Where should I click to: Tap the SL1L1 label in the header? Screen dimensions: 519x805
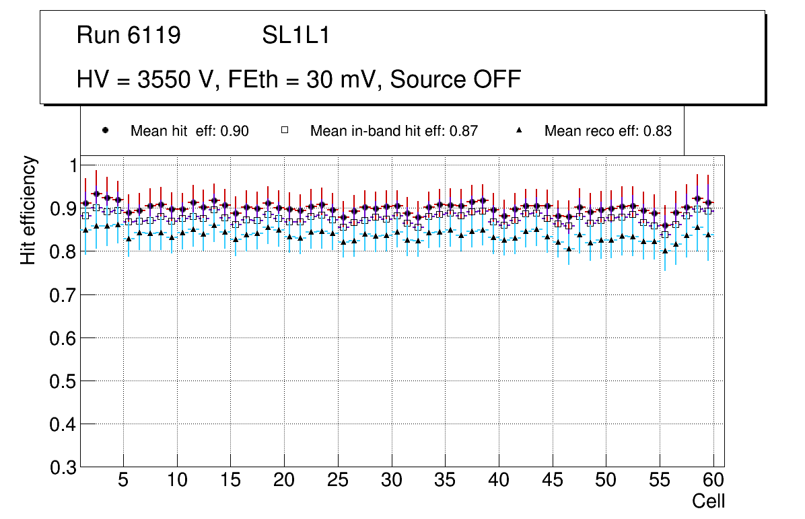tap(296, 36)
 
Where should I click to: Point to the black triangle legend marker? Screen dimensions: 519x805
tap(519, 131)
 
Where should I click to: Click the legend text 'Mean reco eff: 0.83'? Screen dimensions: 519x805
tap(608, 131)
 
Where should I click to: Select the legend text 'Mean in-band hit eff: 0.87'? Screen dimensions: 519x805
tap(394, 131)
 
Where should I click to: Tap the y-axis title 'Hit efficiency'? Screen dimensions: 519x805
tap(28, 210)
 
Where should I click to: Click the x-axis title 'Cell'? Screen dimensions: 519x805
tap(709, 502)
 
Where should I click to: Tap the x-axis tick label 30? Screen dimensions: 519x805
tap(391, 481)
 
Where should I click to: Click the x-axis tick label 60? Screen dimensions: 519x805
tap(713, 481)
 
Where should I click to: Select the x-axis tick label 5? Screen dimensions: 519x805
tap(123, 481)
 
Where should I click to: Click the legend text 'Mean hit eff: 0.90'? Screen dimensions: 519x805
tap(190, 131)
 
